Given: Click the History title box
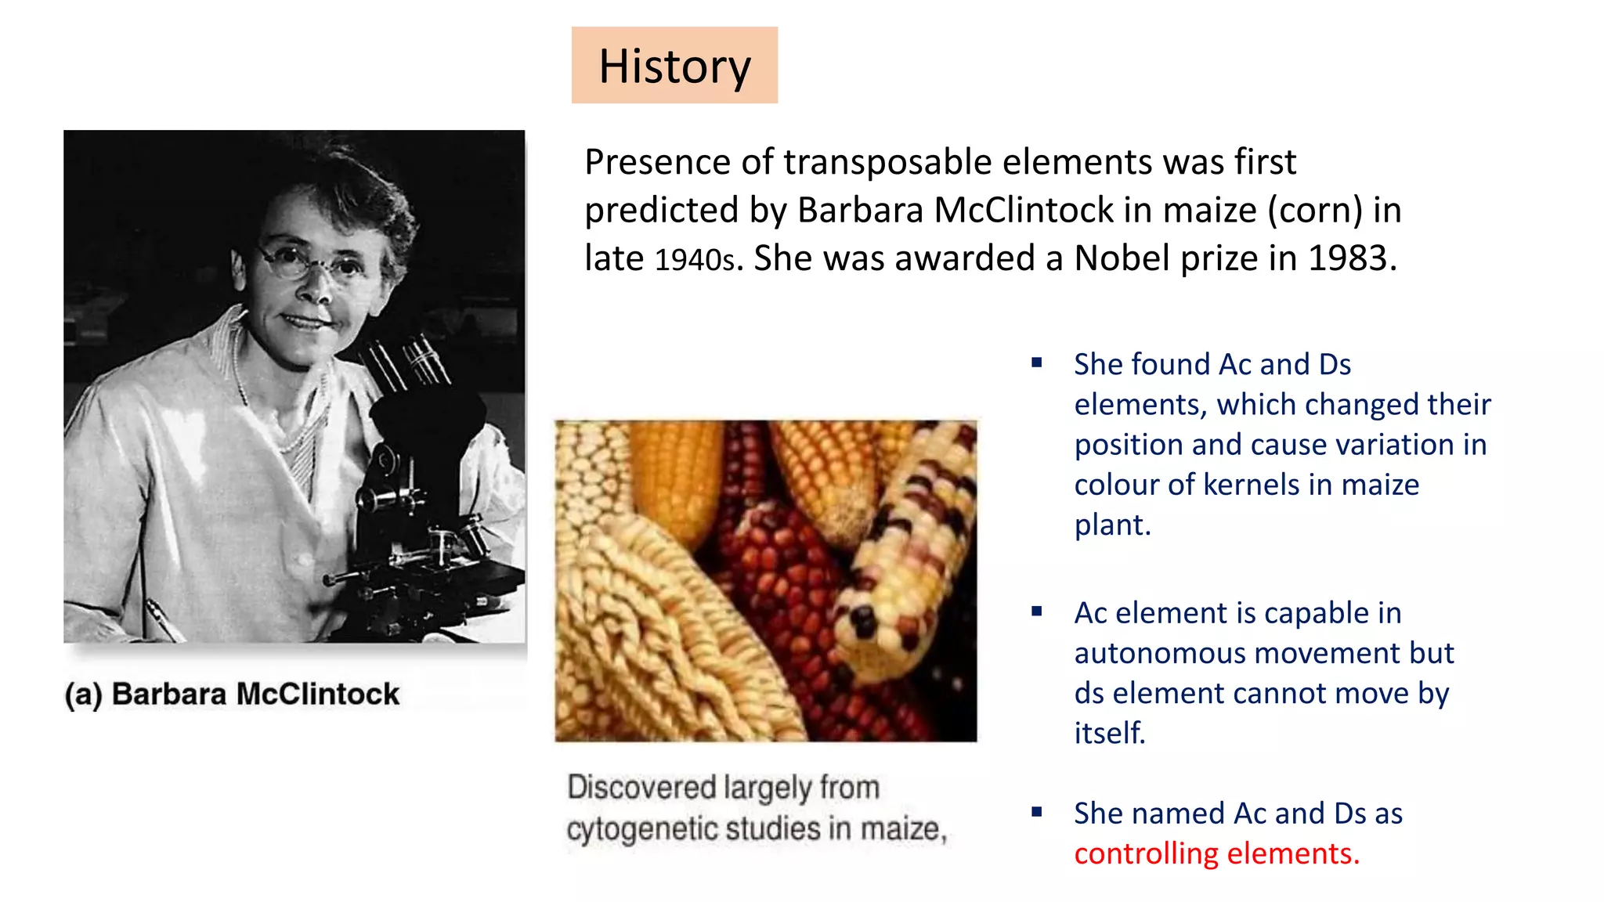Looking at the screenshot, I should click(674, 65).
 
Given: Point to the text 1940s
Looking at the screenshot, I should click(695, 260).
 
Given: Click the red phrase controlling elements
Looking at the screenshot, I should click(1216, 853).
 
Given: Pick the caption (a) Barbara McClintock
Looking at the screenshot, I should click(232, 695).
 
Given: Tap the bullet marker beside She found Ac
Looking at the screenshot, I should click(1037, 363).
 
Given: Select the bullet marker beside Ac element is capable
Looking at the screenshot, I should click(1037, 612).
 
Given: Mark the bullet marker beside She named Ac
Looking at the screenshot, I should click(1037, 812).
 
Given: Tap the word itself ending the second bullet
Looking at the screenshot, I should click(1109, 734).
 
